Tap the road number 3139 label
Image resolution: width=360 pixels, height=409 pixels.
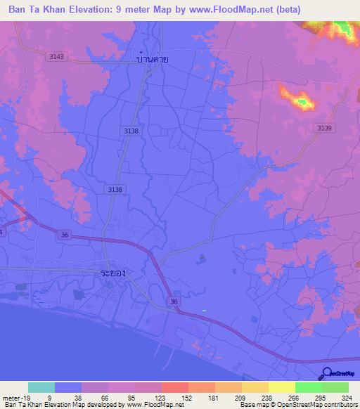click(x=324, y=127)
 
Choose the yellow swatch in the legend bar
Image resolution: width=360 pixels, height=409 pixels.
click(x=281, y=387)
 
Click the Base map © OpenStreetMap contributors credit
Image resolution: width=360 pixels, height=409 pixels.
click(x=297, y=405)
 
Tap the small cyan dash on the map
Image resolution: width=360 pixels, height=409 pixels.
click(x=205, y=310)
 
